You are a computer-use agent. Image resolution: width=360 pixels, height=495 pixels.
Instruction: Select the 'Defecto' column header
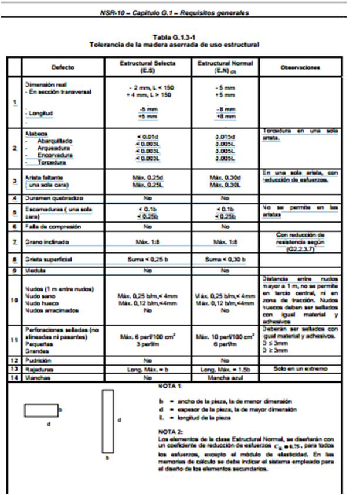62,68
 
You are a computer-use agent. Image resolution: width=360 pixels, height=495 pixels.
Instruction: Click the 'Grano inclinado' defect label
44,241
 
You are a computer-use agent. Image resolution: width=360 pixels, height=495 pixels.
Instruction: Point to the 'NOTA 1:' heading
171,387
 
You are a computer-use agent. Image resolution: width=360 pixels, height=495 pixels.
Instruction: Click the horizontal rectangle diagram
41,410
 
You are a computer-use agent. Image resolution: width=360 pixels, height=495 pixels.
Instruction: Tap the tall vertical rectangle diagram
107,422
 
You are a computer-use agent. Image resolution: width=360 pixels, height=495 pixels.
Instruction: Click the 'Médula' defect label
32,271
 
